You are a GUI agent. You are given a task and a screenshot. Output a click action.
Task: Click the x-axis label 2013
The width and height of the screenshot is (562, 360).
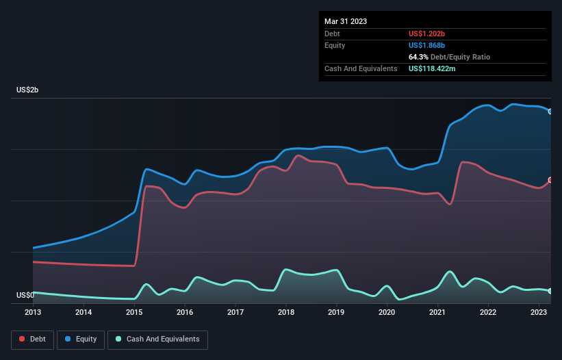point(33,313)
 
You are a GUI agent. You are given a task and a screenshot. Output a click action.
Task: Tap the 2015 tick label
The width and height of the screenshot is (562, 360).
point(134,313)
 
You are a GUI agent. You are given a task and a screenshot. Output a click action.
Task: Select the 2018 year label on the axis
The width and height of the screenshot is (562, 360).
point(286,313)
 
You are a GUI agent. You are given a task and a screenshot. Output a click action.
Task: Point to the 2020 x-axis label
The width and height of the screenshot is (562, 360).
point(387,313)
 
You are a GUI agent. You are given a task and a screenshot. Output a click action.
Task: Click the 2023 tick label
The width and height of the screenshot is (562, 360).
point(539,313)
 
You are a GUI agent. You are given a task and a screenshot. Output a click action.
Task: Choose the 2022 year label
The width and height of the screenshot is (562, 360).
point(488,313)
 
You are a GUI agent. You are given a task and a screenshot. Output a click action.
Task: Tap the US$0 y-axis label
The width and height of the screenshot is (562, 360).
point(25,296)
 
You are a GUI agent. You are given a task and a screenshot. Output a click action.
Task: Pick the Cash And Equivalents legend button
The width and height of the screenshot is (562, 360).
point(157,339)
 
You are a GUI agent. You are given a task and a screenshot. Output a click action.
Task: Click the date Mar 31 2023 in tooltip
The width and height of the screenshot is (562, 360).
point(346,21)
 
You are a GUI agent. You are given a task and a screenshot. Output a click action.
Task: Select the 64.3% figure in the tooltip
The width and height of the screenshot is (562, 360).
point(420,57)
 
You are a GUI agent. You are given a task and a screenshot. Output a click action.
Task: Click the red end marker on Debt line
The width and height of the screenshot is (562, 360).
point(550,180)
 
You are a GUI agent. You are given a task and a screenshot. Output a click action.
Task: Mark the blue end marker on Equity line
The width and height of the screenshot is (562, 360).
point(550,111)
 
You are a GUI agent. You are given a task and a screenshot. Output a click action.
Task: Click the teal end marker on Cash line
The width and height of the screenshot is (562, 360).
point(550,291)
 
